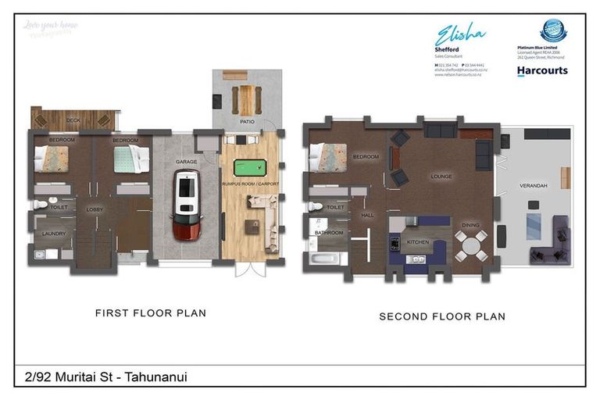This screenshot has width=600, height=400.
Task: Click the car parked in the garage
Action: (x=186, y=205)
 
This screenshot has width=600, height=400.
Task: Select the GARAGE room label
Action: (x=186, y=162)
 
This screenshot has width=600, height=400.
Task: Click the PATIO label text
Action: (x=247, y=122)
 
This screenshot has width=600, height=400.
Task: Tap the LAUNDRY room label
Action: (x=53, y=234)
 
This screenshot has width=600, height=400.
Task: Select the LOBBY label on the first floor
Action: (x=95, y=209)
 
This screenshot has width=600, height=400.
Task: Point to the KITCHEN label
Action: (x=418, y=242)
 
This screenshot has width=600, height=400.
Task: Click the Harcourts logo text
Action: (x=542, y=70)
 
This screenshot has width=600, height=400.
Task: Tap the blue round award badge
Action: (x=553, y=30)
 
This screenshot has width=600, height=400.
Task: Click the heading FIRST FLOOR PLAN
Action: (x=150, y=313)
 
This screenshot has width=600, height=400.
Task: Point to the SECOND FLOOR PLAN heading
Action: (x=441, y=316)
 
